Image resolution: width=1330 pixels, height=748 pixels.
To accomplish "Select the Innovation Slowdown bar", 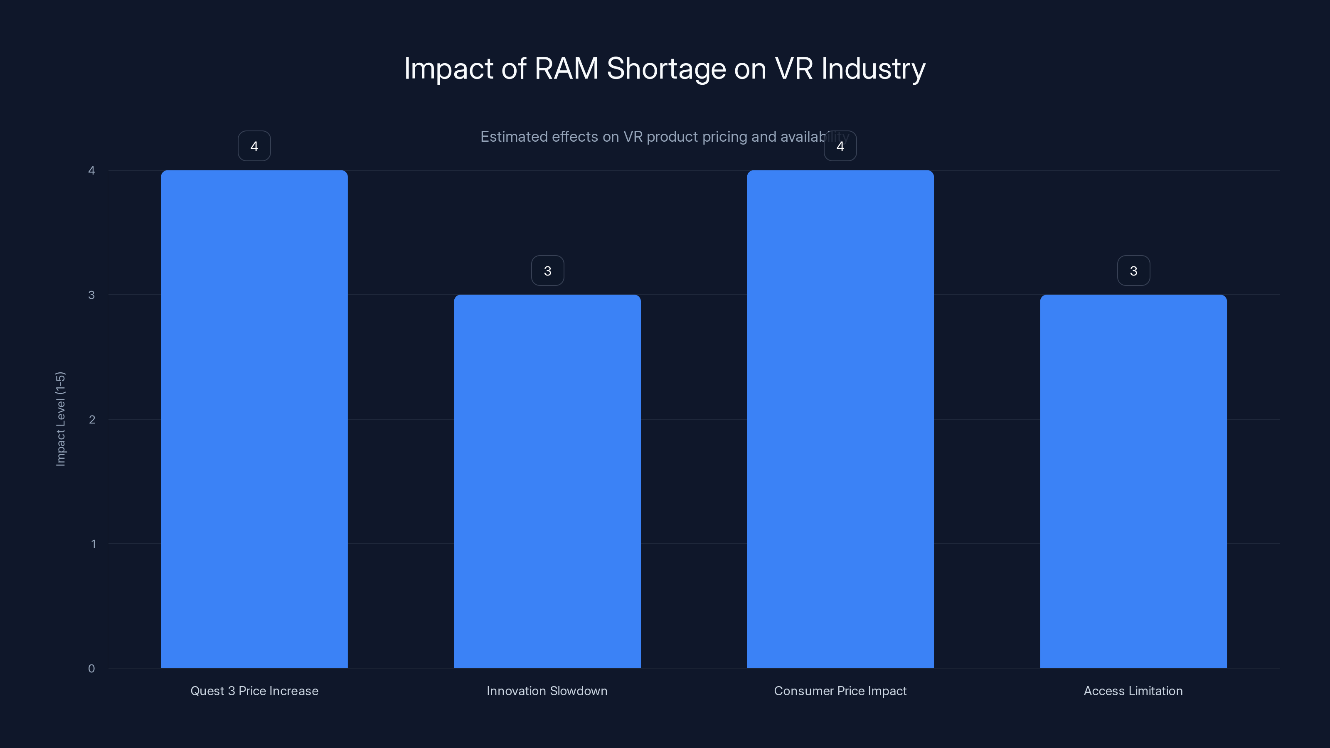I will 547,481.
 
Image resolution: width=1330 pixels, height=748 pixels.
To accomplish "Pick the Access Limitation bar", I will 1133,481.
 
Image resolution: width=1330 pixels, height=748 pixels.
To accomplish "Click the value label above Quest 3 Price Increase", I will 254,146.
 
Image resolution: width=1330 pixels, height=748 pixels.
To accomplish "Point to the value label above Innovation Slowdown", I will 547,271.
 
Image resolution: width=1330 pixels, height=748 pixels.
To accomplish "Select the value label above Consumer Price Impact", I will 840,146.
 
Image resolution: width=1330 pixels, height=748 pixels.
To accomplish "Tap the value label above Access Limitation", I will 1133,271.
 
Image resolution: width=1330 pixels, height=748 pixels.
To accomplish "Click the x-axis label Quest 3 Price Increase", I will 254,691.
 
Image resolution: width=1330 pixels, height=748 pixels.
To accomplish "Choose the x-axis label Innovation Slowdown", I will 547,691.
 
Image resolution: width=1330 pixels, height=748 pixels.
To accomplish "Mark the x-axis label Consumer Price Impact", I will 840,691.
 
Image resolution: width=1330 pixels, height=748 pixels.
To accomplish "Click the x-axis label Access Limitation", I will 1133,691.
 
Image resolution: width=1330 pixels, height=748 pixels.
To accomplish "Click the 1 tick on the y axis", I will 93,544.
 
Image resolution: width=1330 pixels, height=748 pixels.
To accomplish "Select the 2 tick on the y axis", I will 92,419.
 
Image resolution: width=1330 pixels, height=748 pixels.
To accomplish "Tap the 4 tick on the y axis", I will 91,170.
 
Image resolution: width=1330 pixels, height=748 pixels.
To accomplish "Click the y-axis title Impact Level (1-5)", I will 60,418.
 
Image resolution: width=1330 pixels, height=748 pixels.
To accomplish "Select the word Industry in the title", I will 873,69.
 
